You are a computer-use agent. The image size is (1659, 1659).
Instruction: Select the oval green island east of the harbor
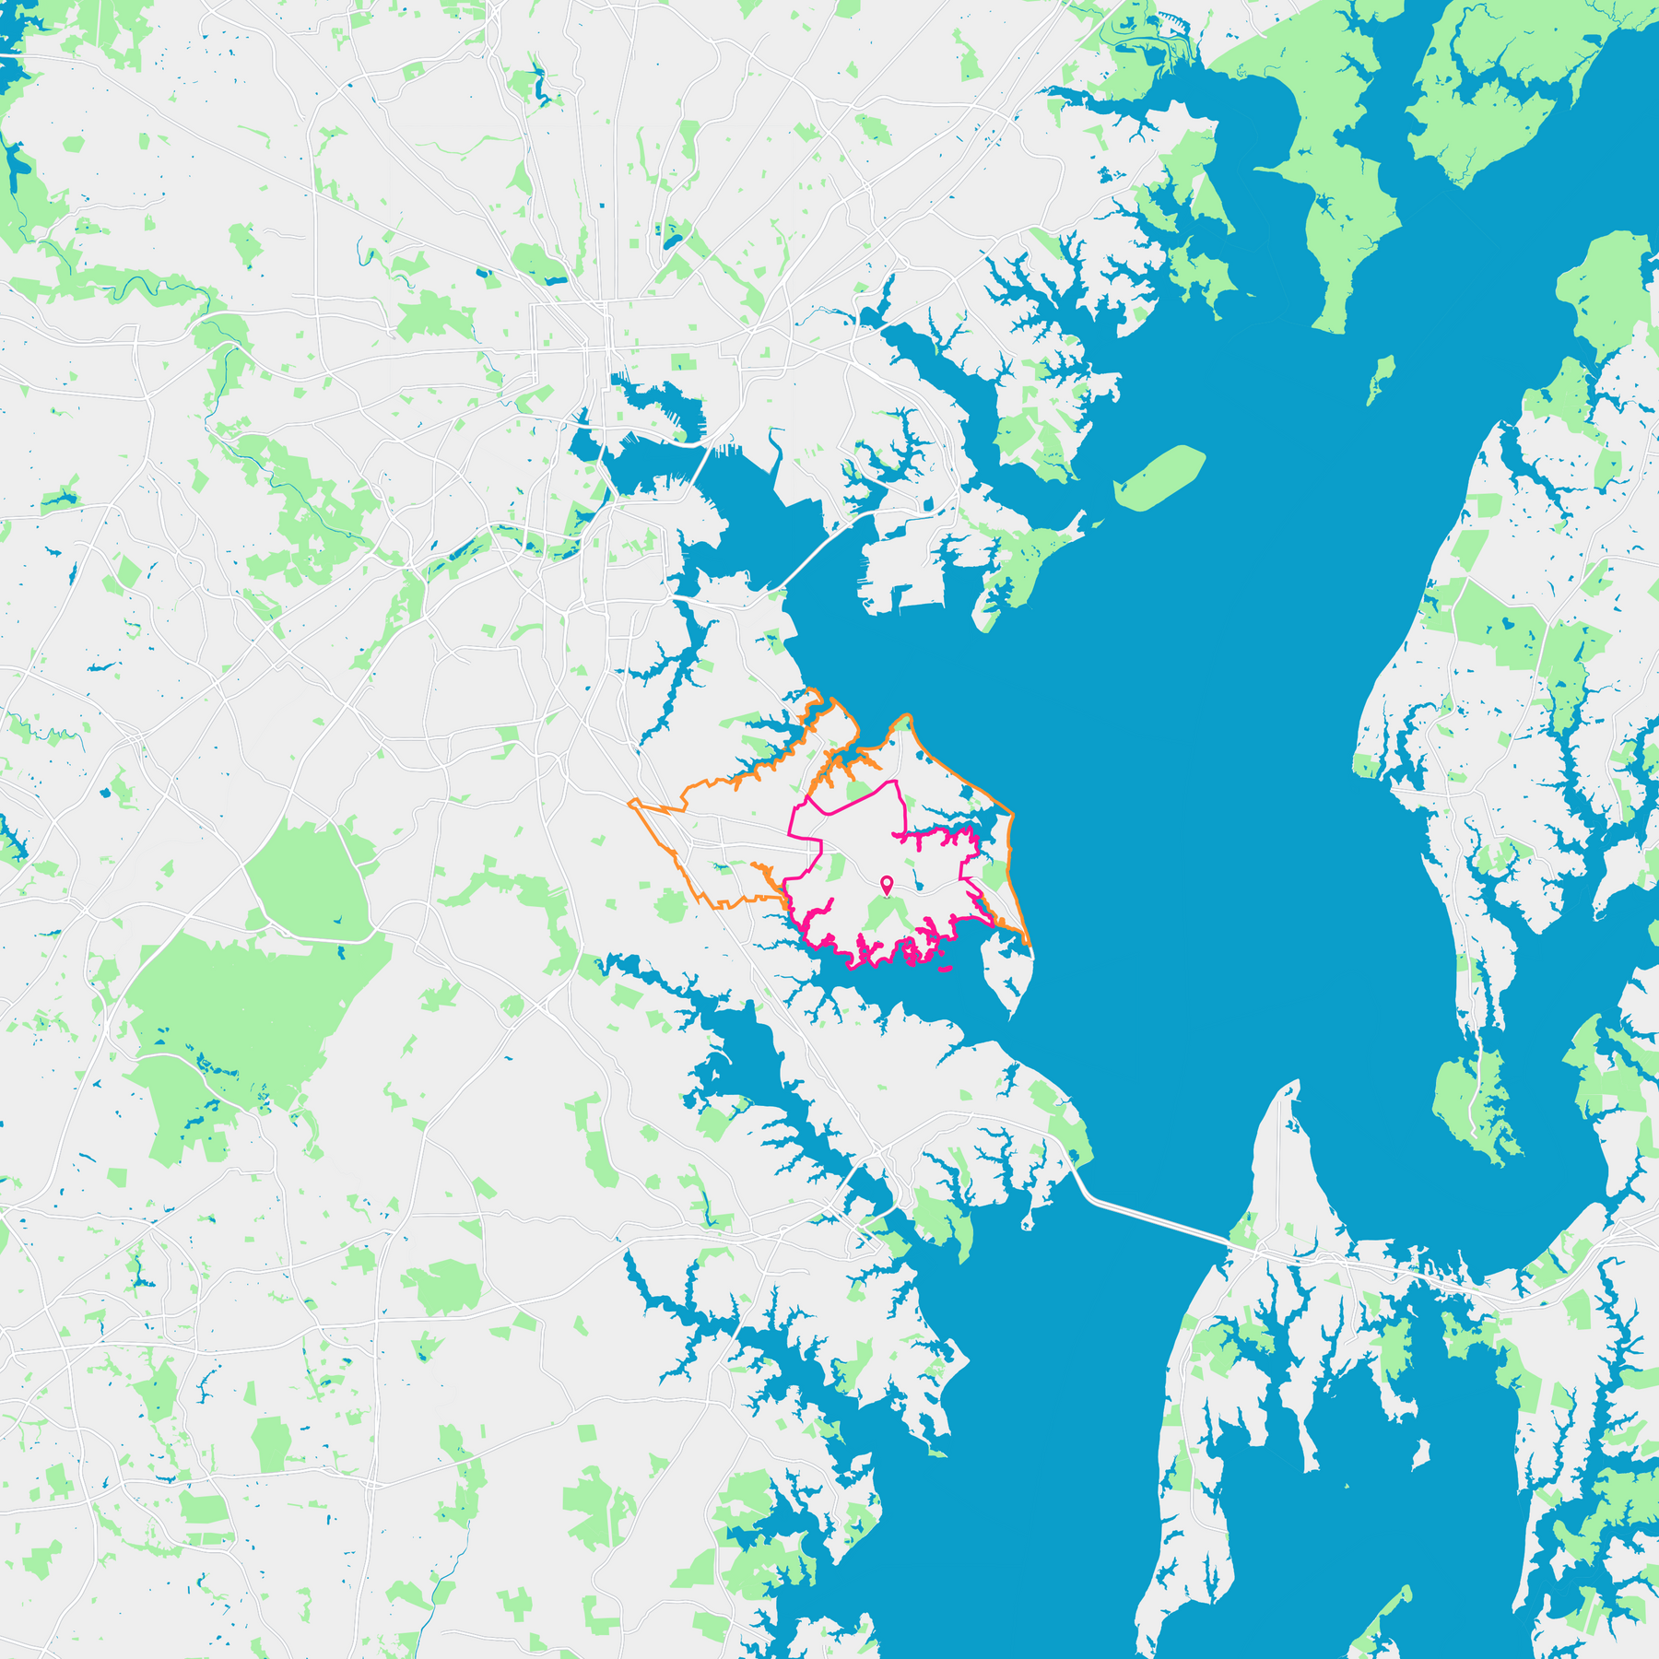coord(1159,477)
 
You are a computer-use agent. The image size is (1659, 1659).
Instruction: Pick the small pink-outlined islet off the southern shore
coord(945,969)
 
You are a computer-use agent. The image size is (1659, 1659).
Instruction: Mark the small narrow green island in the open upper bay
coord(1379,380)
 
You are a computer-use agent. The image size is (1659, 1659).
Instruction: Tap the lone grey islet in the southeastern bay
coord(1422,1454)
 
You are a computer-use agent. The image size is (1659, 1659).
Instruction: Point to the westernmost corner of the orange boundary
coord(629,803)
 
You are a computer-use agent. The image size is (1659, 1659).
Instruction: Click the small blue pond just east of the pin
coord(919,886)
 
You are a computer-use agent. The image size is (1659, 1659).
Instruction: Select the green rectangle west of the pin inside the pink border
coord(835,868)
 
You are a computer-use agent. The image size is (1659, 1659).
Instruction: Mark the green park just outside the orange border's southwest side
coord(671,906)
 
